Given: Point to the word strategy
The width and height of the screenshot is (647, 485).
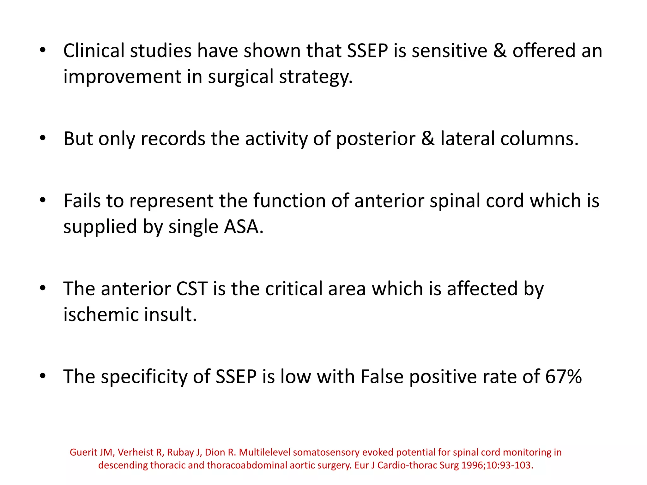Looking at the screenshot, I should point(316,77).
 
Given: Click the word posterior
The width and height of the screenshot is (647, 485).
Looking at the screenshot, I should point(376,139).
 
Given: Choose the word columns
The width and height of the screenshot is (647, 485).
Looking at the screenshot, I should point(539,139).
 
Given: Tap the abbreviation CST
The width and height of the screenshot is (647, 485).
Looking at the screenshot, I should point(192,289).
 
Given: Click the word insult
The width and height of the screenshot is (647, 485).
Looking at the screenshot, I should point(171,314).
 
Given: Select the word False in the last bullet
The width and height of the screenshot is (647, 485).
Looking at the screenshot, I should point(382,376).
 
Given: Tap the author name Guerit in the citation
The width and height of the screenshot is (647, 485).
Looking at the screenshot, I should point(83,452).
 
